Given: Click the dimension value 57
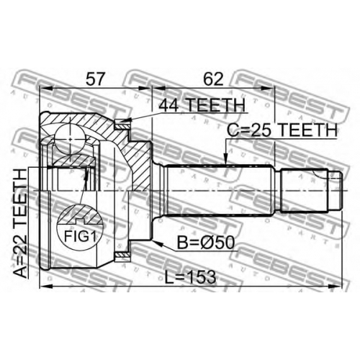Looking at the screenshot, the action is [96, 79].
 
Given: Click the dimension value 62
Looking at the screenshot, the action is [213, 79].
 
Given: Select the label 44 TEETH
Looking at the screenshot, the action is [202, 105].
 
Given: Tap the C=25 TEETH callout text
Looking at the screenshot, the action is [282, 130].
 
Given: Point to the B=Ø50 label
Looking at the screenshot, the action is [206, 243].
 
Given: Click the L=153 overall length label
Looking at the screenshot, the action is [191, 277].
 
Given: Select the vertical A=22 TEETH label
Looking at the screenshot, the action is [19, 224].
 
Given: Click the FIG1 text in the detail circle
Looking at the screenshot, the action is [80, 236].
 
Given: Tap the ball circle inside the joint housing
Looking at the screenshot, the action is [70, 139].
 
